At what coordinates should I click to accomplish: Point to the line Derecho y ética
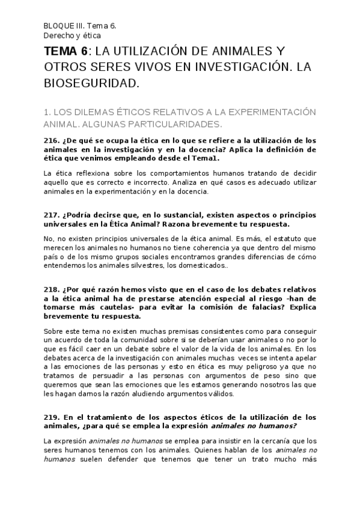pos(68,35)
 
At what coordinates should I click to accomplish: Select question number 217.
pos(52,215)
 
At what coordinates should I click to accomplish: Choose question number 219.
pos(52,417)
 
